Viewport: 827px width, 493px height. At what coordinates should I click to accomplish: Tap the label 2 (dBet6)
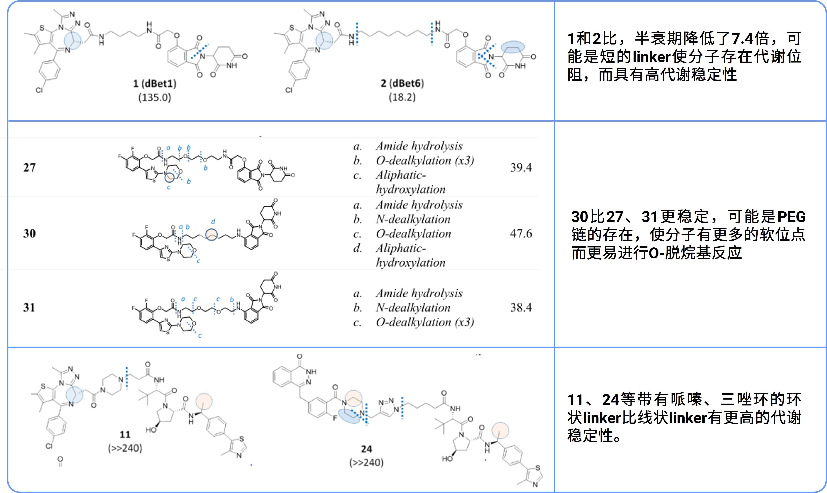(x=402, y=83)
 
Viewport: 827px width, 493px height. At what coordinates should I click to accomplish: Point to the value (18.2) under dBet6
(x=402, y=97)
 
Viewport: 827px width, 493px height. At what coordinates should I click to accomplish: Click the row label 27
(x=29, y=167)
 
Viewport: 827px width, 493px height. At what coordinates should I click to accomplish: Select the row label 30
(x=29, y=233)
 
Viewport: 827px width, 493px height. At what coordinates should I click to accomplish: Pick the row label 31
(x=29, y=308)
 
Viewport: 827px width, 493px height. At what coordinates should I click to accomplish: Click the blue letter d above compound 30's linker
(x=213, y=222)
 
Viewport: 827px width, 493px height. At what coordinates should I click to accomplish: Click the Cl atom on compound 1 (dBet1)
(x=39, y=90)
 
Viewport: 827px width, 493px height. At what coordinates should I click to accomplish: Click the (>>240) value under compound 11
(x=125, y=448)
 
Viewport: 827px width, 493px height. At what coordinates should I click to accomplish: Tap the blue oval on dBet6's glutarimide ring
(x=513, y=47)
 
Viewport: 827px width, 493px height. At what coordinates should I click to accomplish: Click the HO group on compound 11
(x=151, y=430)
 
